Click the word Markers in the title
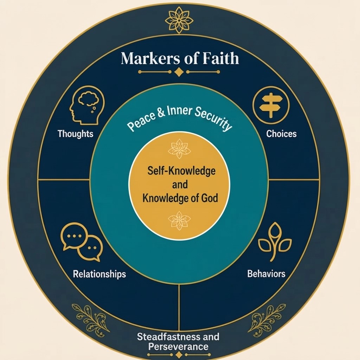[150, 58]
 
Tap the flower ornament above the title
[179, 20]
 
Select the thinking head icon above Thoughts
[87, 105]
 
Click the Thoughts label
[76, 134]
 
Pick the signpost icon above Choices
[271, 105]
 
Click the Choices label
[282, 134]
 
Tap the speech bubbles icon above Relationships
[82, 242]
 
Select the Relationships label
[99, 274]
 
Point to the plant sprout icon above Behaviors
[275, 242]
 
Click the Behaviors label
[266, 274]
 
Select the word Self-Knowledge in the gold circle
[181, 171]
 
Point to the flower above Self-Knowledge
[179, 149]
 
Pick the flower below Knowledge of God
[179, 220]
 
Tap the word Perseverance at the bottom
[178, 347]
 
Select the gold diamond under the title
[179, 72]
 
